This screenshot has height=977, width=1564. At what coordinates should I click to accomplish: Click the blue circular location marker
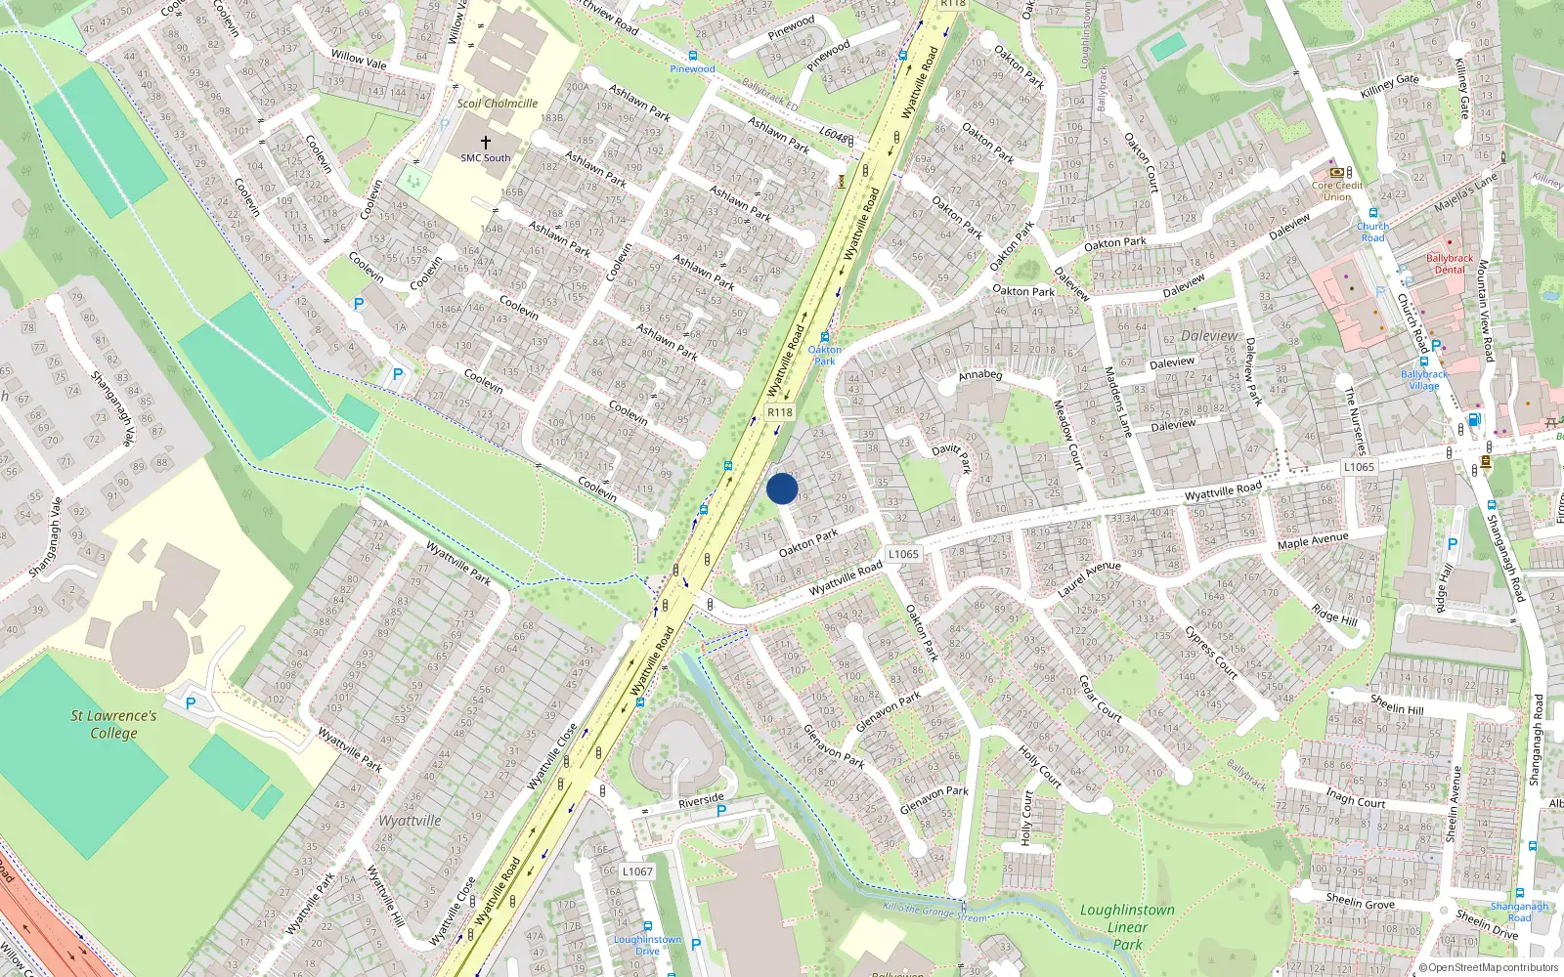[x=782, y=488]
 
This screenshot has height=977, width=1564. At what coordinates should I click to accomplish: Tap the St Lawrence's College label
[x=113, y=724]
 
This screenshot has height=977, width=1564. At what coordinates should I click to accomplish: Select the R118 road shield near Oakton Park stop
[x=779, y=412]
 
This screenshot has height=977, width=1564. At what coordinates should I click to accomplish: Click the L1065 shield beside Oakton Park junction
[x=903, y=554]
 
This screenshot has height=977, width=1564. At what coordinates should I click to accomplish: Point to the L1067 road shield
[x=637, y=871]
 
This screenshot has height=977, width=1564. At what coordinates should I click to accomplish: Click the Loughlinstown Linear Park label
[x=1127, y=926]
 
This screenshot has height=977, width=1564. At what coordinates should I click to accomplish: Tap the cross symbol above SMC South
[x=485, y=143]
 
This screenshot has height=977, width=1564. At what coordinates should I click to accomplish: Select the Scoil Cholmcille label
[x=497, y=103]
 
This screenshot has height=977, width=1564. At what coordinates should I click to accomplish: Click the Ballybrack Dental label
[x=1449, y=264]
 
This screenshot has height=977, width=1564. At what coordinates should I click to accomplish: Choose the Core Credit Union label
[x=1336, y=191]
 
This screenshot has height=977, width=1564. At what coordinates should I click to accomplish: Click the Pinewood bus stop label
[x=692, y=68]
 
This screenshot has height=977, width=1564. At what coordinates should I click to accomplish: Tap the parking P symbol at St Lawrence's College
[x=191, y=702]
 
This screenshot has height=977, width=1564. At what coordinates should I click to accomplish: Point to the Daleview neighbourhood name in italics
[x=1209, y=335]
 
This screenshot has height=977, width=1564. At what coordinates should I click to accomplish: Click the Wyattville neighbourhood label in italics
[x=410, y=821]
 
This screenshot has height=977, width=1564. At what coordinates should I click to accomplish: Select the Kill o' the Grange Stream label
[x=934, y=913]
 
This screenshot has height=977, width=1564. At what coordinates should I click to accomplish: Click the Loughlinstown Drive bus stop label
[x=647, y=945]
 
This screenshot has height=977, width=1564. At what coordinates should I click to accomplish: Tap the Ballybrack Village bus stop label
[x=1424, y=379]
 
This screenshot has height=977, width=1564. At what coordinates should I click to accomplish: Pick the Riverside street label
[x=701, y=801]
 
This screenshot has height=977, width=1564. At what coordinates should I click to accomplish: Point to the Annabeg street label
[x=979, y=374]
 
